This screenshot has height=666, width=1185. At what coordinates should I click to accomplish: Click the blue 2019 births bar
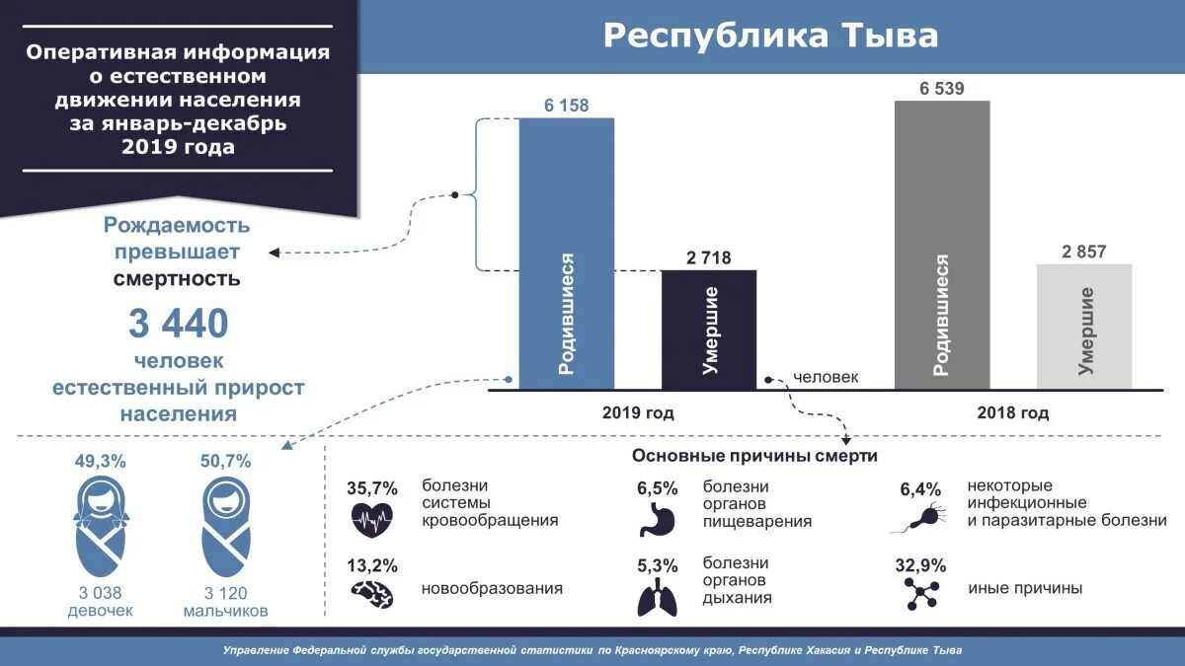coord(567,254)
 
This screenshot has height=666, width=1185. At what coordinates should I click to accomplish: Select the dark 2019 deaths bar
coord(708,330)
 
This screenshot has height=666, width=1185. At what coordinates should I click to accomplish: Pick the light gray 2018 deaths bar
coord(1084,326)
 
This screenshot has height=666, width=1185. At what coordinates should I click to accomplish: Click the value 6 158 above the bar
coord(567,105)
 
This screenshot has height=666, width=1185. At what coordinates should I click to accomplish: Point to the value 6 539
coord(941,88)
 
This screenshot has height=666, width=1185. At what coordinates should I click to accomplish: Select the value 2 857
coord(1084,251)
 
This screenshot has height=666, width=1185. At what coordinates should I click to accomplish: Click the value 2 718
coord(708,258)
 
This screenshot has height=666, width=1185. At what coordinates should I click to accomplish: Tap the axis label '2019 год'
coord(638,413)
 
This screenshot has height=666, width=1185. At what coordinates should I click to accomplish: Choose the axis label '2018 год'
coord(1013,413)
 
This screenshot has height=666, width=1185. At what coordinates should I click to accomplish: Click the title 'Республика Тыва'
coord(771,37)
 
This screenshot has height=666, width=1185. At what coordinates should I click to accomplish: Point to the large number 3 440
coord(178,323)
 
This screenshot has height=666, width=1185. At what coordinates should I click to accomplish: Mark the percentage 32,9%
coord(922,566)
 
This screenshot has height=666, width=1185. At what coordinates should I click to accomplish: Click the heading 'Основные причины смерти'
coord(754,457)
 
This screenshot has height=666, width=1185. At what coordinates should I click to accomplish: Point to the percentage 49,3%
coord(100,461)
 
